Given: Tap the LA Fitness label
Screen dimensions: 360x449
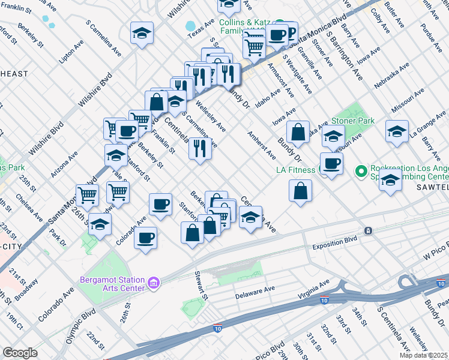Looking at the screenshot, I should (295, 170).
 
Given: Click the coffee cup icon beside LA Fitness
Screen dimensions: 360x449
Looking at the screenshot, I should (331, 163).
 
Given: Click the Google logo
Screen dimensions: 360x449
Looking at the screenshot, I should (20, 353).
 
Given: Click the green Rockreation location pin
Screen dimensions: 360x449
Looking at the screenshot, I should (361, 172).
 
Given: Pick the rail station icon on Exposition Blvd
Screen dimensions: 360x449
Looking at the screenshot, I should (369, 230).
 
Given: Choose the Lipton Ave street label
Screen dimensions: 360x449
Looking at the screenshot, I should (71, 52).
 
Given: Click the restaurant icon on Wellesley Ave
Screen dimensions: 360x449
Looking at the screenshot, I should (200, 147).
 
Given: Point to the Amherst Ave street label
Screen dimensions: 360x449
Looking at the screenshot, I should (262, 146).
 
